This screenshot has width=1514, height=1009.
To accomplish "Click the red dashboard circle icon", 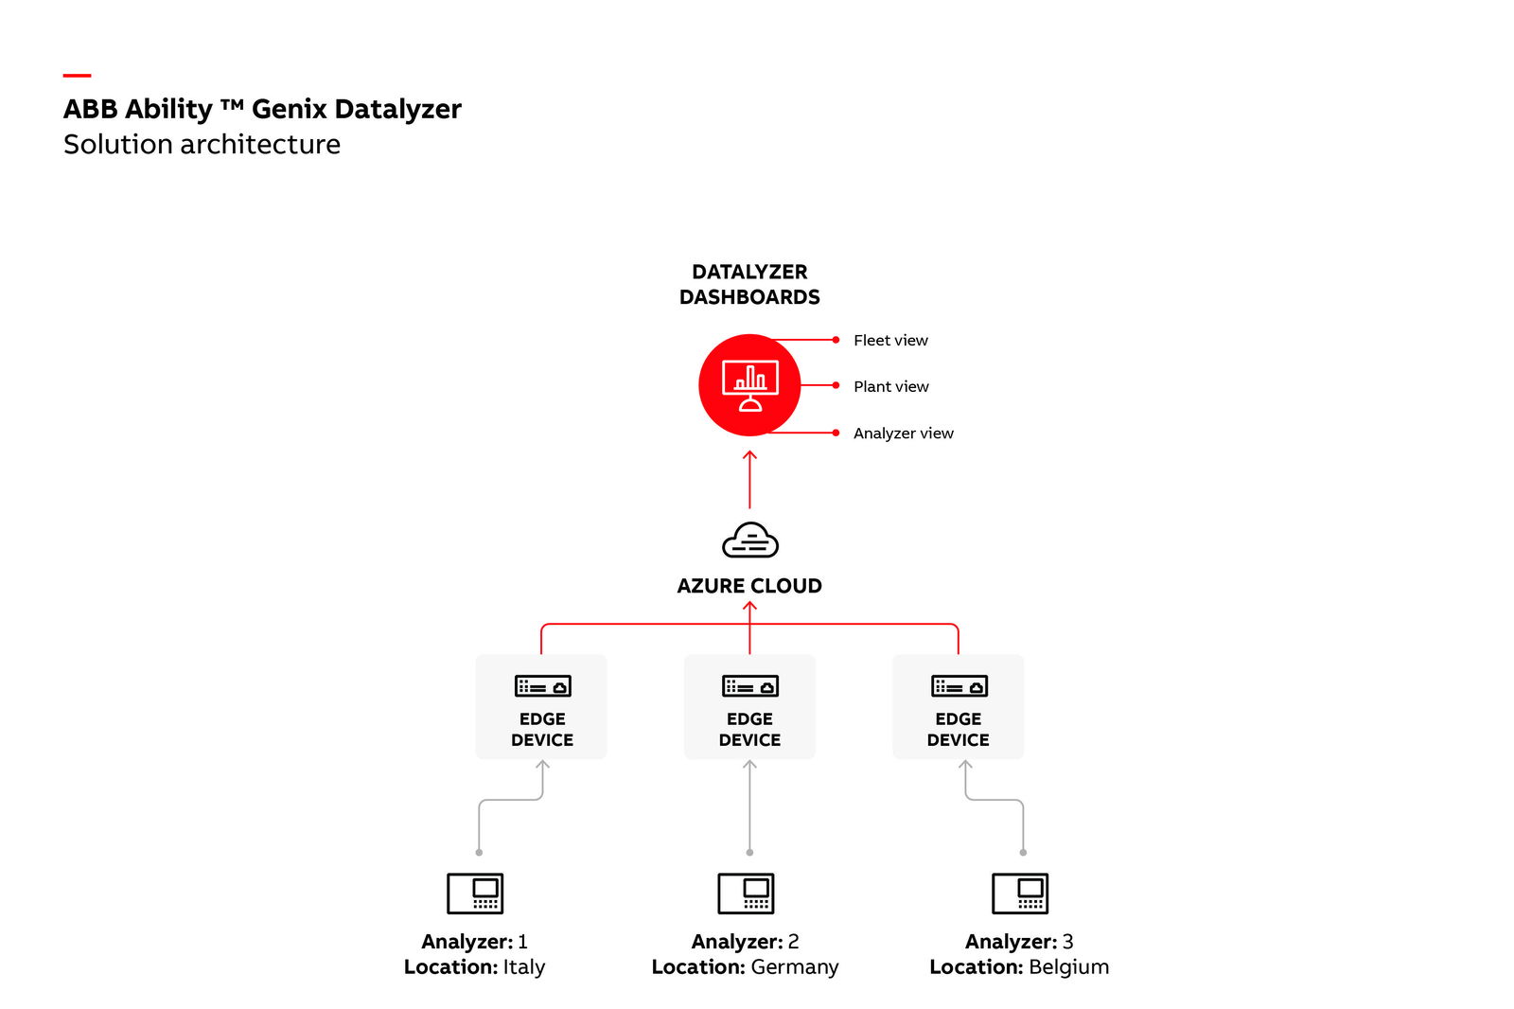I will [749, 385].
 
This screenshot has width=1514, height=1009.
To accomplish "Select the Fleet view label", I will [890, 340].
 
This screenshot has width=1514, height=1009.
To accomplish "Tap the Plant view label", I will [890, 386].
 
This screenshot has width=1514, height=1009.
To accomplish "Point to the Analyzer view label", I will [903, 433].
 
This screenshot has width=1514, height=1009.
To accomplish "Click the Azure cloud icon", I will [749, 540].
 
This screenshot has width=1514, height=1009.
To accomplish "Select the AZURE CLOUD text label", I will [749, 586].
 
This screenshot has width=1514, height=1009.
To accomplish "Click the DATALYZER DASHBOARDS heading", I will [749, 284].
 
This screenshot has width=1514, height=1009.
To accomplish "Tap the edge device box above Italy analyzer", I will [541, 706].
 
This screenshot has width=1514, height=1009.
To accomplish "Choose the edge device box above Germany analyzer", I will [749, 706].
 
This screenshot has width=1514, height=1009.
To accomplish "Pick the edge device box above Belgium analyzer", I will [958, 706].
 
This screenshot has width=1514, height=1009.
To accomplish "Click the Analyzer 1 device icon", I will [475, 893].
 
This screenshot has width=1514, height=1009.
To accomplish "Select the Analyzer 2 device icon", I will [746, 893].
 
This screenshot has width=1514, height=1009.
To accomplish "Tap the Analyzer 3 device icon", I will [1020, 893].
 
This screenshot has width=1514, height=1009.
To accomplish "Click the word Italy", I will [523, 966].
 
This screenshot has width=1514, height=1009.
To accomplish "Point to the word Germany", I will [794, 966].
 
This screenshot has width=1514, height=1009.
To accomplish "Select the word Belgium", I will [1068, 966].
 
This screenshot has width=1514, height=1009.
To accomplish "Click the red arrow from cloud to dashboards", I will [749, 480].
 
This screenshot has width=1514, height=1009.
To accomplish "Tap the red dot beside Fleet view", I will [836, 340].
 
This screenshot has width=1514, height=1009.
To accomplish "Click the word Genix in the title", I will [289, 109].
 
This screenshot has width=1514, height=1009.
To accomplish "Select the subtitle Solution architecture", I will [202, 144].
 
